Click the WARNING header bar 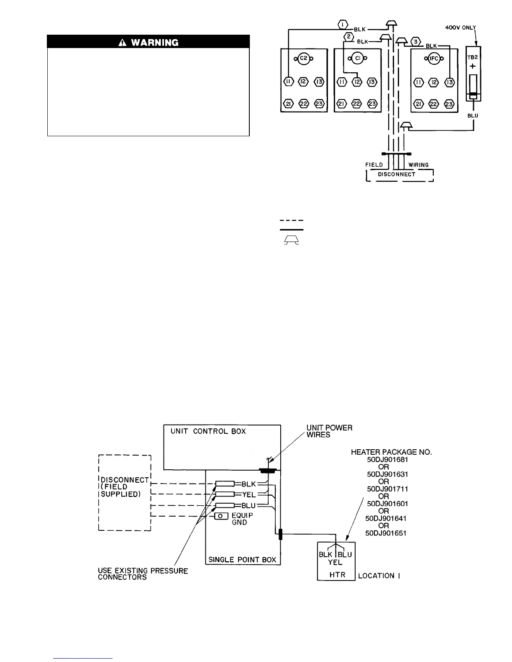148,42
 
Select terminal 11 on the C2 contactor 288,81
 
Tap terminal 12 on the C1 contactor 357,81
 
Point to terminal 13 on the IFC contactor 449,81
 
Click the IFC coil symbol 434,59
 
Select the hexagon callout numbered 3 415,41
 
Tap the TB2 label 473,58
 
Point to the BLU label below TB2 473,115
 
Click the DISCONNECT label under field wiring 397,174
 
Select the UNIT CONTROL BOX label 208,431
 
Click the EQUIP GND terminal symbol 220,516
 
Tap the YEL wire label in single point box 249,495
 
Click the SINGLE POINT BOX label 242,560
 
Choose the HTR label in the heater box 337,575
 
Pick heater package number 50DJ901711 387,489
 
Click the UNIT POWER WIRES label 330,431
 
